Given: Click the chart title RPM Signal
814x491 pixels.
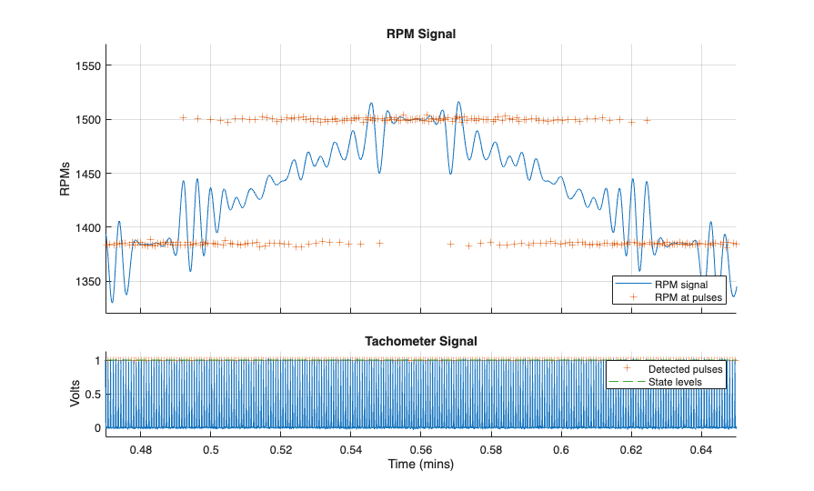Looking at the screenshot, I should pos(421,35).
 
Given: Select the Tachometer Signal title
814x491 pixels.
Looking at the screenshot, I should pos(421,342).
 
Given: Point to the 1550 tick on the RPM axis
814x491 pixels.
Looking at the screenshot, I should pos(88,65).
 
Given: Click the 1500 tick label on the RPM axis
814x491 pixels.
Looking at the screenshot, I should pos(88,119).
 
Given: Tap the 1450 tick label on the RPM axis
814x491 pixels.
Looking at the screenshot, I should pos(88,174).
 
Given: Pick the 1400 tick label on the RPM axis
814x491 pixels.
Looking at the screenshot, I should pos(88,227).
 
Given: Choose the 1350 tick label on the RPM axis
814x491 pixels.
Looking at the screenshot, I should pos(88,282).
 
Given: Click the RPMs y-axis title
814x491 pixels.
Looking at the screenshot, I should pos(63,174).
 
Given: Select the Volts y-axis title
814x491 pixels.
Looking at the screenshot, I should pos(76,394).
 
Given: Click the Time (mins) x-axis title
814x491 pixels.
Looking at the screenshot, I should pos(421,465).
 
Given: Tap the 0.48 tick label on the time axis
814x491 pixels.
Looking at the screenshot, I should pos(141,448).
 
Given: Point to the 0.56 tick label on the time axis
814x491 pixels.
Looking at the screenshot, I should pos(421,448).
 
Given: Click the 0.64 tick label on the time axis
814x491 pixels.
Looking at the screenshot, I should pos(701,448).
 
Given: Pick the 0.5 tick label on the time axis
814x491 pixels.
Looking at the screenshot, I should pos(211,448).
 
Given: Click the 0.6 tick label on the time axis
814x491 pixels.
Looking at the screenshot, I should pos(561,448).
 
